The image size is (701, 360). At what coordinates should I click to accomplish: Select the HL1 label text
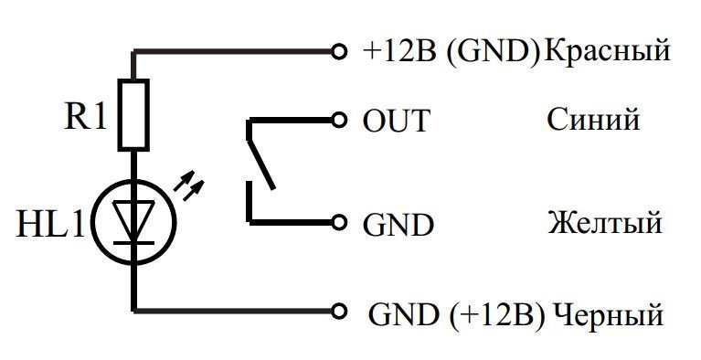(50, 224)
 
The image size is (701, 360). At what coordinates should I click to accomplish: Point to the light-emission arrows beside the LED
(188, 184)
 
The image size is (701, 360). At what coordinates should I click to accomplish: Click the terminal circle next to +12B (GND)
(339, 52)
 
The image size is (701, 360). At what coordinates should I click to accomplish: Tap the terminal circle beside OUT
(339, 120)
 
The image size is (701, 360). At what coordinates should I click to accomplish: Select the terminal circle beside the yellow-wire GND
(339, 222)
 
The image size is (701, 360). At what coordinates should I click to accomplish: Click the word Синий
(593, 119)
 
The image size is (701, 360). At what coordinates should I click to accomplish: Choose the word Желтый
(604, 222)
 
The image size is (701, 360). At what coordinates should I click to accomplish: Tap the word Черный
(608, 314)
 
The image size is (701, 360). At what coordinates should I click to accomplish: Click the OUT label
(396, 121)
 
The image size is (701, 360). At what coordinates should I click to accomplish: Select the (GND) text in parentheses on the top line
(494, 51)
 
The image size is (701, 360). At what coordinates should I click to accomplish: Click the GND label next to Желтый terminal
(398, 225)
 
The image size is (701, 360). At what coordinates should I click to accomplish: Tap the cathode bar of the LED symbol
(133, 243)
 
